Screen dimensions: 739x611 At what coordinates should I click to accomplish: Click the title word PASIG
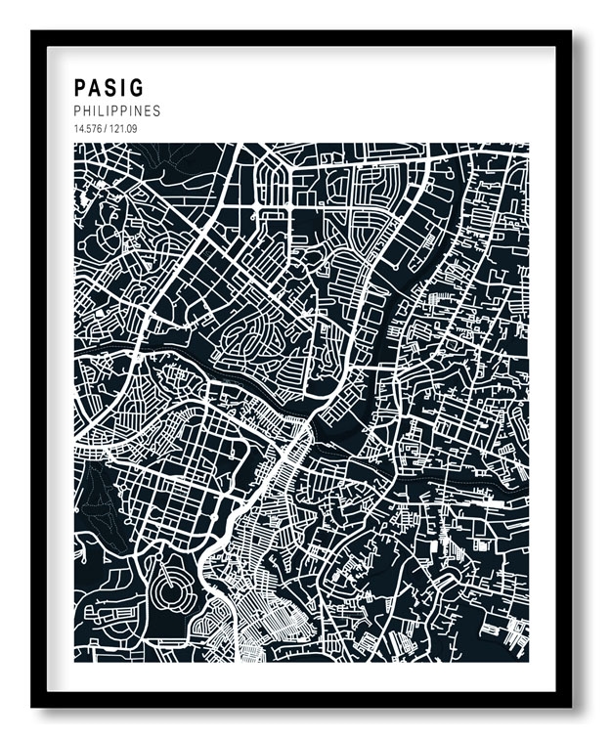click(x=108, y=89)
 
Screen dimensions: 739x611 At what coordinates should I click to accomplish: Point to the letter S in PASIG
click(x=111, y=89)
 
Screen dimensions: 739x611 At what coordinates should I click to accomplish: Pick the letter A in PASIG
click(x=96, y=89)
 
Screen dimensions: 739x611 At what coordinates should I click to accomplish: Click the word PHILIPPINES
click(x=116, y=111)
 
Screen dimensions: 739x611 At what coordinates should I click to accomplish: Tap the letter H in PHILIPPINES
click(x=87, y=111)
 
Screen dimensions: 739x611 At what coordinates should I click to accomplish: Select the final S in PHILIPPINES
click(x=156, y=111)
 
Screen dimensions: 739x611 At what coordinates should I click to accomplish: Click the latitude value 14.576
click(x=86, y=128)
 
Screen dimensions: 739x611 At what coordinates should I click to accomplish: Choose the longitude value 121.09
click(x=120, y=128)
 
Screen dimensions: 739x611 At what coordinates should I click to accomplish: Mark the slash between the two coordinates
click(x=104, y=128)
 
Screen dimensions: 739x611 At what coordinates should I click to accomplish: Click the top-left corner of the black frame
click(x=33, y=32)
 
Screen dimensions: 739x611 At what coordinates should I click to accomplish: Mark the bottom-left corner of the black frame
click(x=33, y=705)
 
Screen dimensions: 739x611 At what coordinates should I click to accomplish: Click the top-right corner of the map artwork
click(x=529, y=145)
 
